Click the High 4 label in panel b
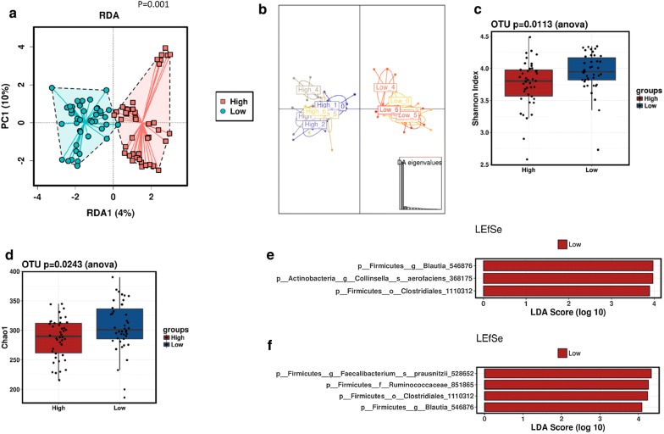(308, 89)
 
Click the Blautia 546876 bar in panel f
(562, 408)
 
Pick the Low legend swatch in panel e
(563, 244)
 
